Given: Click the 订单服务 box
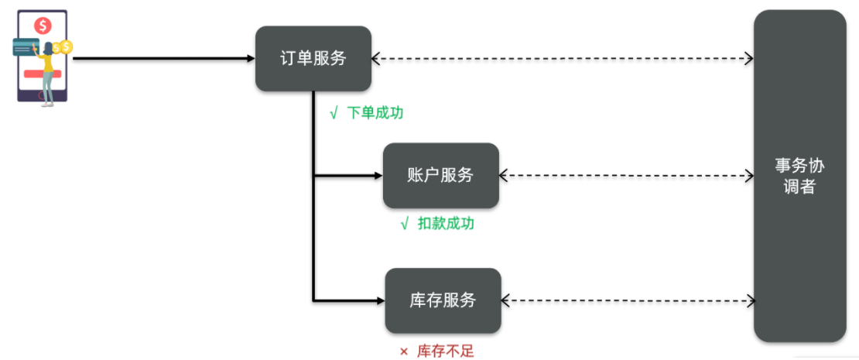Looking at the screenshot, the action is click(313, 58).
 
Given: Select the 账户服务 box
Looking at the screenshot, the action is click(440, 175).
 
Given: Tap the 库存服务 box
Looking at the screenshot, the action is click(443, 300).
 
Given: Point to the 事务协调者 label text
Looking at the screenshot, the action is click(800, 177).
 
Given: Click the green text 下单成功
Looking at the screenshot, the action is click(375, 113).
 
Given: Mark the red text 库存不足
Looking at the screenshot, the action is click(446, 351).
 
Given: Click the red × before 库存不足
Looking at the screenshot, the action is click(404, 351).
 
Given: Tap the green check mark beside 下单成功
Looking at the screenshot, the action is click(334, 114).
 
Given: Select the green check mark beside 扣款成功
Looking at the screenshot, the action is click(406, 224).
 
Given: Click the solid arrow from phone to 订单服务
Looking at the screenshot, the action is click(164, 58).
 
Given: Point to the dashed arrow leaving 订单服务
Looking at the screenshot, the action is click(563, 58).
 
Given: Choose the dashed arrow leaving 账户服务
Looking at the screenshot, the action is click(626, 175).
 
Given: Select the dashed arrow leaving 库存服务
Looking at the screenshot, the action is click(628, 300).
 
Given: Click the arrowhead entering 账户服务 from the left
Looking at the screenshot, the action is click(378, 175).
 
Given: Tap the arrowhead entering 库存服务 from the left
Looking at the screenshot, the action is click(381, 300).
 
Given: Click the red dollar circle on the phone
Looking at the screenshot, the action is click(43, 26).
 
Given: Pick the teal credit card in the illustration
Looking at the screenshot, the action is click(25, 48).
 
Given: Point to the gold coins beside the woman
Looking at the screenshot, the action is click(63, 48).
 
